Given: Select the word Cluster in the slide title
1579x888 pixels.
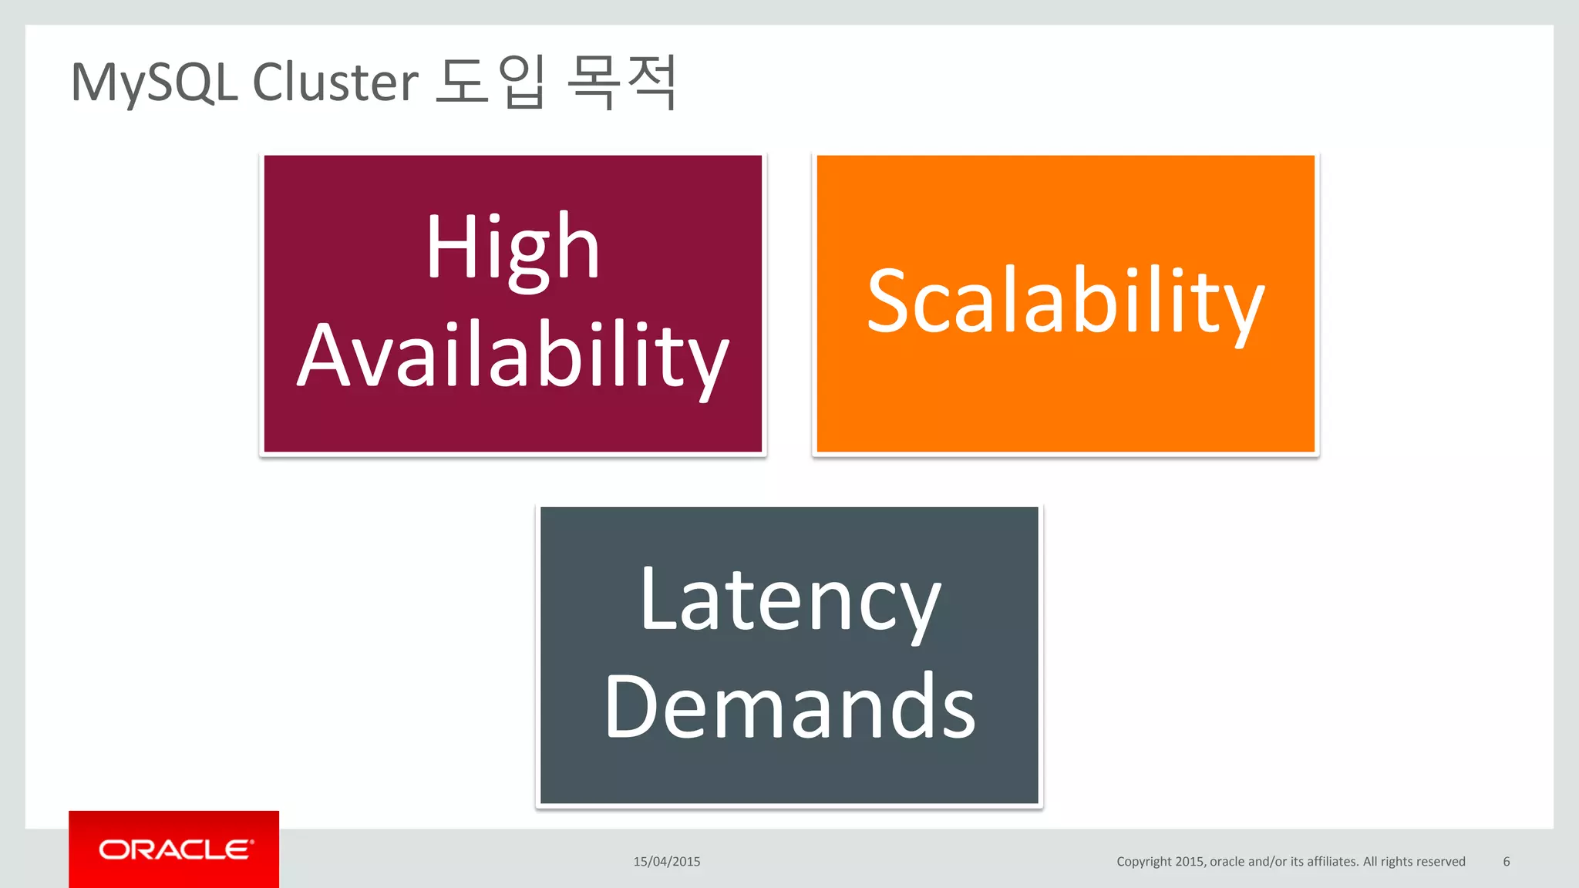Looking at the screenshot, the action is pyautogui.click(x=335, y=82).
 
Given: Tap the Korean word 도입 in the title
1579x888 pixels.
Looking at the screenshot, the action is pyautogui.click(x=491, y=82).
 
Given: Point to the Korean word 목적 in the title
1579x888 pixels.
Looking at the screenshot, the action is pyautogui.click(x=621, y=82).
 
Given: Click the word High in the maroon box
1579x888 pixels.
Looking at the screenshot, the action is pyautogui.click(x=513, y=248).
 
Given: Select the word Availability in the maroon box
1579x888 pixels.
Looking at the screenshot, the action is pyautogui.click(x=513, y=356).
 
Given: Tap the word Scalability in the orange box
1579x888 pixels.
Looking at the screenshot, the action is pyautogui.click(x=1066, y=302).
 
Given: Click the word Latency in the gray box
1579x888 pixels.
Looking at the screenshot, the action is pyautogui.click(x=789, y=601).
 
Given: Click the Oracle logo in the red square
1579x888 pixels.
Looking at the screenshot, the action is pyautogui.click(x=174, y=849).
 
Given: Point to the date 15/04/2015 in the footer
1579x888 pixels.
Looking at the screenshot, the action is pyautogui.click(x=667, y=862).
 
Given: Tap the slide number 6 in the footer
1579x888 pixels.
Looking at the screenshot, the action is pyautogui.click(x=1506, y=862).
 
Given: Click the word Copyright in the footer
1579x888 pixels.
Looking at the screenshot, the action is pyautogui.click(x=1144, y=862).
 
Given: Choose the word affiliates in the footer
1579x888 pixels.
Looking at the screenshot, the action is pyautogui.click(x=1332, y=862).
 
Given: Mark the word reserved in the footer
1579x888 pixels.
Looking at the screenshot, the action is pyautogui.click(x=1440, y=862).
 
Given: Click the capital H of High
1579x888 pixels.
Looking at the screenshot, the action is pyautogui.click(x=445, y=247).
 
